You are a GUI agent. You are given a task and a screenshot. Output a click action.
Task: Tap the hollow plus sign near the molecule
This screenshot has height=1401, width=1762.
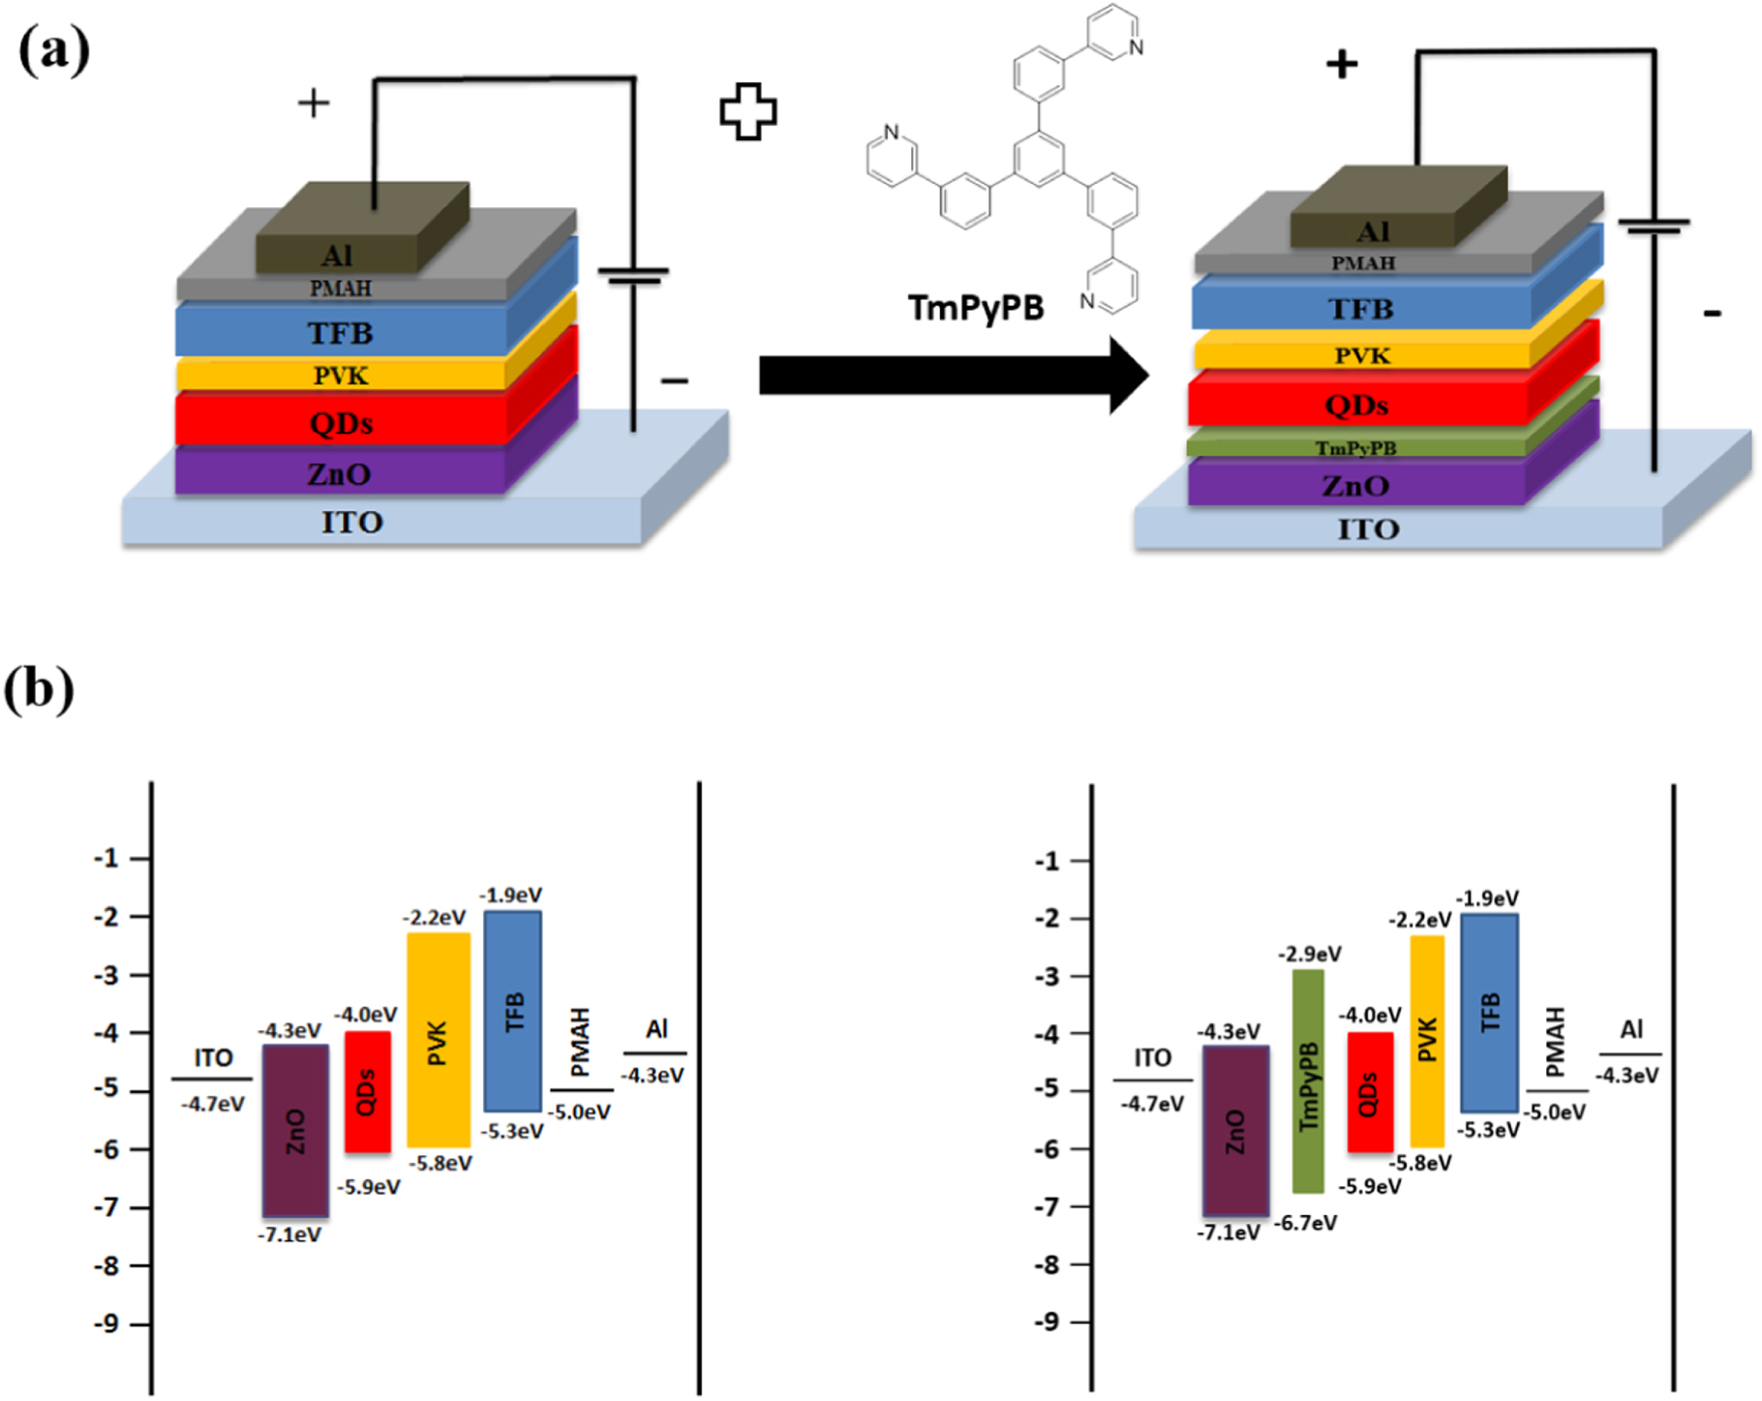coord(747,111)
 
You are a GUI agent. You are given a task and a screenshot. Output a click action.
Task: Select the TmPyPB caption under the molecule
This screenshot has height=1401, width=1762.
coord(976,308)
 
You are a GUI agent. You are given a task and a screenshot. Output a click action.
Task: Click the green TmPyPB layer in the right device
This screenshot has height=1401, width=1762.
coord(1355,447)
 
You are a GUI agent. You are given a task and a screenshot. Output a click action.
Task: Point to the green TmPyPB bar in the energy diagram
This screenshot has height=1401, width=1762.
coord(1308,1081)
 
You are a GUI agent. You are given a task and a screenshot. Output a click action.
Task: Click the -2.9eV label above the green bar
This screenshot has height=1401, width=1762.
coord(1309,955)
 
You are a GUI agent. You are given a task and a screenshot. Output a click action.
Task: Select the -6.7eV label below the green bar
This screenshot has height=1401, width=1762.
coord(1305,1224)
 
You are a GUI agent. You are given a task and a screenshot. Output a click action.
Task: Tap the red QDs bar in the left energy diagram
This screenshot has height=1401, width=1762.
coord(368,1091)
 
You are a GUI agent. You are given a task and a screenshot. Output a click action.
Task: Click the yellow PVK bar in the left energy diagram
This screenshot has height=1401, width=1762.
coord(439,1040)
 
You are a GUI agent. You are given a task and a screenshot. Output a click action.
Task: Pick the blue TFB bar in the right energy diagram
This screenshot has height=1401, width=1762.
coord(1489,1012)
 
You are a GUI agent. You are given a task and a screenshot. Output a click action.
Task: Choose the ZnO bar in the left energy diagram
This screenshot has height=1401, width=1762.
coord(295,1130)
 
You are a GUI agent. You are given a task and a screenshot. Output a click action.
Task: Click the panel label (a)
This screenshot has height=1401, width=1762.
coord(54,50)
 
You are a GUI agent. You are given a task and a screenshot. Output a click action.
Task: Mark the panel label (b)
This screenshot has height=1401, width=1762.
coord(39,689)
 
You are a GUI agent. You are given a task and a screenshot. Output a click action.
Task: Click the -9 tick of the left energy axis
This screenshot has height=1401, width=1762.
coord(106,1324)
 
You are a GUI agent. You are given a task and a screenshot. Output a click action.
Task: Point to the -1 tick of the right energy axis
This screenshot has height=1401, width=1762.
coord(1049,861)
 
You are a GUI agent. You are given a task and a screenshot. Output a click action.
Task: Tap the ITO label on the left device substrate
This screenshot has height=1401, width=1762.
coord(351,523)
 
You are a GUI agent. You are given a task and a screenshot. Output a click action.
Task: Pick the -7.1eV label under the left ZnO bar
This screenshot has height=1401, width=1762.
coord(289,1235)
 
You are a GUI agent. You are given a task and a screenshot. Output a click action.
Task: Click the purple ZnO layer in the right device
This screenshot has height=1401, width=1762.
coord(1355,485)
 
